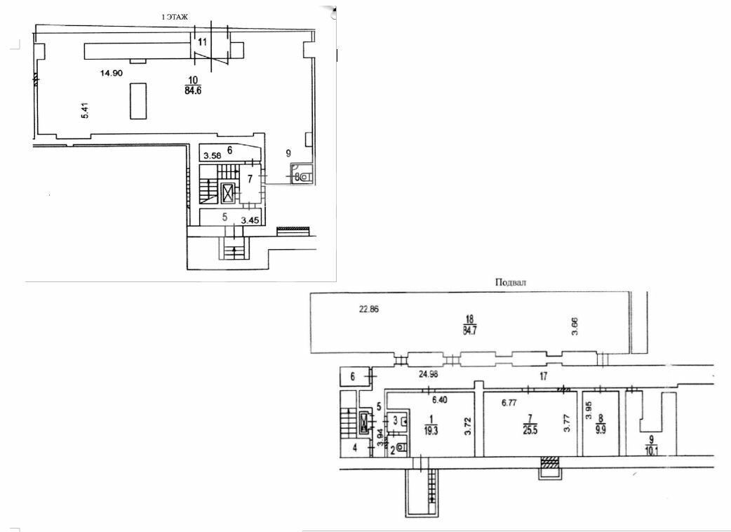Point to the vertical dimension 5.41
(85, 110)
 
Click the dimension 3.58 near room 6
(213, 156)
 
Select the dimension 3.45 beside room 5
(250, 221)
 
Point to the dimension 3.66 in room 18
(573, 325)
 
